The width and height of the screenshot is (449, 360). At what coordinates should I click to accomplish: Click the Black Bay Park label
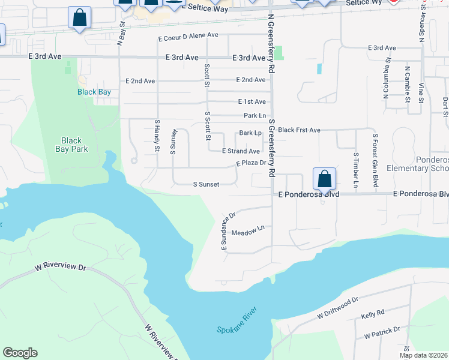pos(71,145)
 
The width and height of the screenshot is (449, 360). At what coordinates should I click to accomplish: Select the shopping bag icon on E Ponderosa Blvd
pos(324,179)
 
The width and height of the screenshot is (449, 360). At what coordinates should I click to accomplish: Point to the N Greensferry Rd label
pos(271,44)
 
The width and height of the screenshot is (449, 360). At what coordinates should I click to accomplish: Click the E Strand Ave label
pos(241,151)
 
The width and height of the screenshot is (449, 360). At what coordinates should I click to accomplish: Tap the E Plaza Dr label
pos(251,163)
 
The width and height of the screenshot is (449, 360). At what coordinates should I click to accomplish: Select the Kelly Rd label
pos(372,314)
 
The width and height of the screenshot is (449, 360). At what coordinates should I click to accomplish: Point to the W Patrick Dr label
pos(382,332)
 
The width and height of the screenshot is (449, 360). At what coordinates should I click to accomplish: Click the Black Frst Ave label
pos(300,130)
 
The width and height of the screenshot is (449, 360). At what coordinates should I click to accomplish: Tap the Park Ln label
pos(255,115)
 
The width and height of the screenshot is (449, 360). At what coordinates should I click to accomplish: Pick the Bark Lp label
pos(250,133)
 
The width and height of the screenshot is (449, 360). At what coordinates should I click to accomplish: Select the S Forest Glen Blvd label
pos(375,157)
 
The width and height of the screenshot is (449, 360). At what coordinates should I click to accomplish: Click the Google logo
pos(20,353)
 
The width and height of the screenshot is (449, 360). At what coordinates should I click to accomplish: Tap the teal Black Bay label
pos(94,92)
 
